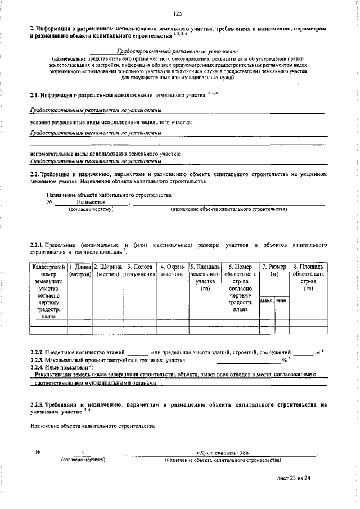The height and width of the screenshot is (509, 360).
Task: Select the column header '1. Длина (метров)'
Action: (x=80, y=270)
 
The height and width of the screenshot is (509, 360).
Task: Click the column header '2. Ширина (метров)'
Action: (x=107, y=270)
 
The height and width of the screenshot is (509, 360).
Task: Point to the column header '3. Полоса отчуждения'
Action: (x=139, y=270)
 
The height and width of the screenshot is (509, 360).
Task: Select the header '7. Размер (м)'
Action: (x=274, y=270)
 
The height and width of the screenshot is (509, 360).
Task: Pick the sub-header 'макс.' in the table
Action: (x=267, y=301)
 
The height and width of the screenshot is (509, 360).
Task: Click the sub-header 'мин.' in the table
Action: (x=282, y=301)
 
